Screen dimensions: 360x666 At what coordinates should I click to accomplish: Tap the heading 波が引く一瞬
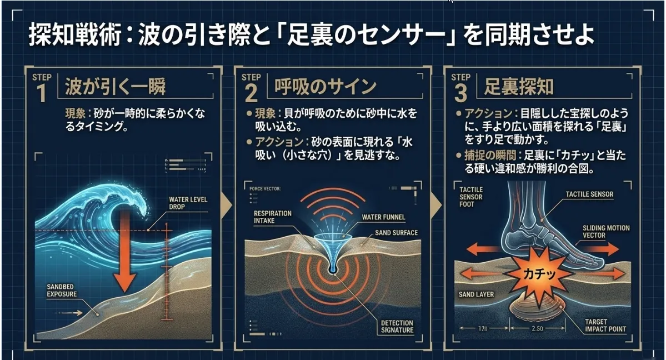pyautogui.click(x=115, y=87)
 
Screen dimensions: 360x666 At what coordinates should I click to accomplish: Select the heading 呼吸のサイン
pyautogui.click(x=326, y=87)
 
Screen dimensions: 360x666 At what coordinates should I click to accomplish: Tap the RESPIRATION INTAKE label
pyautogui.click(x=272, y=217)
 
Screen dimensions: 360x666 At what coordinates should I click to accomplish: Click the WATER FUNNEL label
pyautogui.click(x=383, y=217)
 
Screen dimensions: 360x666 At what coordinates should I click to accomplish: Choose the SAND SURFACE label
pyautogui.click(x=396, y=233)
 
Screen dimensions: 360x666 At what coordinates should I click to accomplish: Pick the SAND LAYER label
pyautogui.click(x=477, y=294)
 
